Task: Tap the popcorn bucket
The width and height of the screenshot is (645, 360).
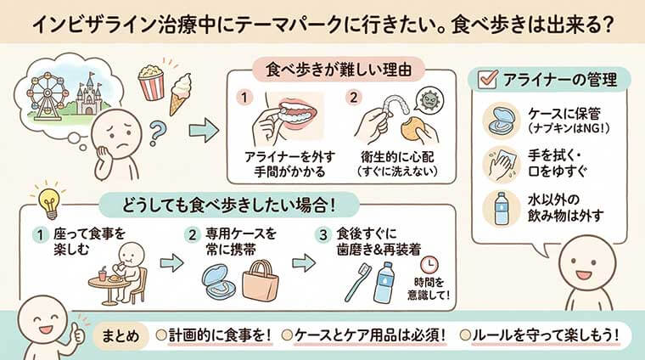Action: (152, 82)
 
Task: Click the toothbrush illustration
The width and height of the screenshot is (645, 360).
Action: (356, 285)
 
